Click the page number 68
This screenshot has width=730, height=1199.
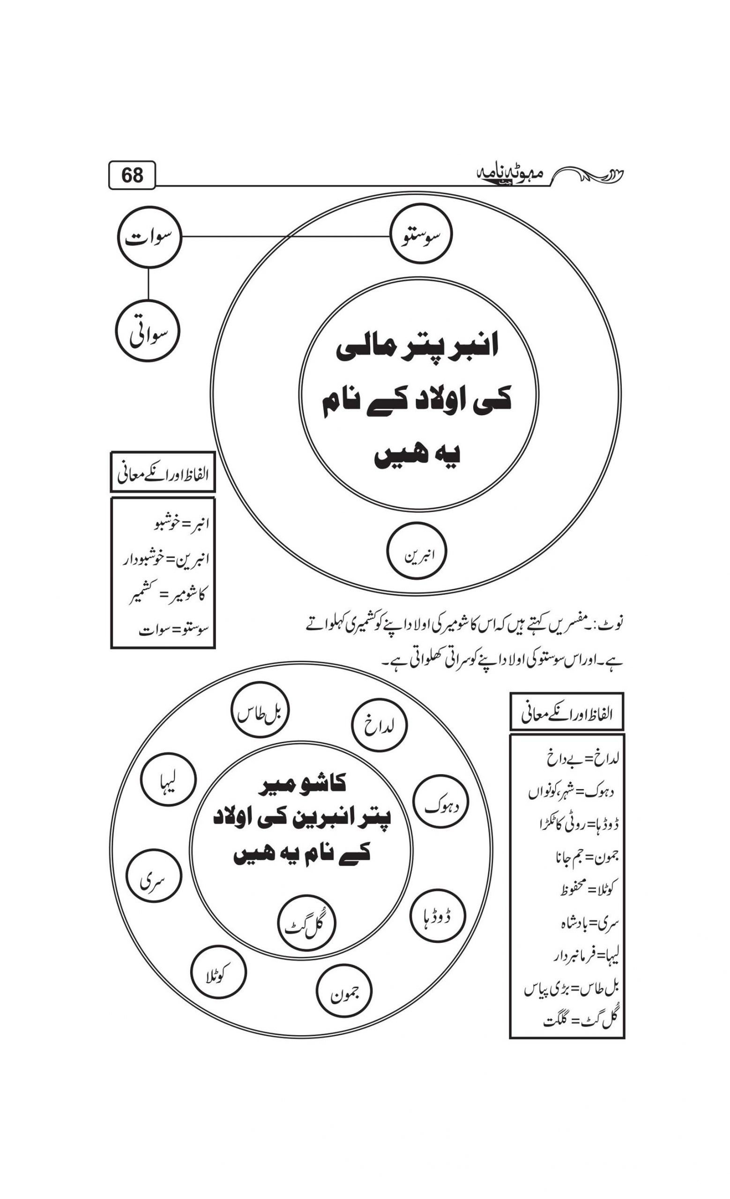tap(132, 175)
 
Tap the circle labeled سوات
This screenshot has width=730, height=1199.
tap(149, 238)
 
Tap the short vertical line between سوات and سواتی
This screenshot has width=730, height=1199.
tap(148, 284)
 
